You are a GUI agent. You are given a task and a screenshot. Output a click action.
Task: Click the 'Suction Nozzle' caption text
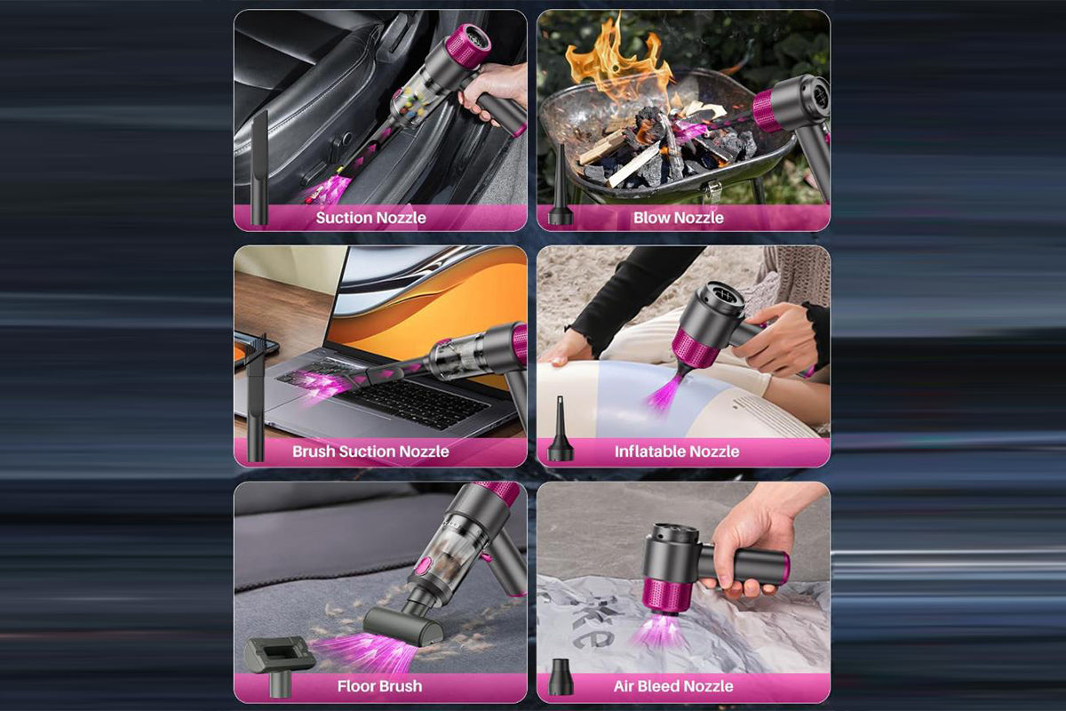[x=370, y=218]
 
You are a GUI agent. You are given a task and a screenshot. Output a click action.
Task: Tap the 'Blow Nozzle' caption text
[x=678, y=218]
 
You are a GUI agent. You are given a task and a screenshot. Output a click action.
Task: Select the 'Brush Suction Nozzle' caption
[x=370, y=451]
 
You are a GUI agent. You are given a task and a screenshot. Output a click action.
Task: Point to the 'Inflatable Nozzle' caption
[x=677, y=451]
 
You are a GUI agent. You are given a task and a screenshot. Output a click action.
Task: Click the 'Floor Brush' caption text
[x=379, y=686]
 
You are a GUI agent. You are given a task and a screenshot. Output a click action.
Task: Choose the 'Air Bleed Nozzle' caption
[x=673, y=686]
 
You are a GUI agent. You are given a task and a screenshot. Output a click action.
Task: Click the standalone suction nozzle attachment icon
[x=259, y=168]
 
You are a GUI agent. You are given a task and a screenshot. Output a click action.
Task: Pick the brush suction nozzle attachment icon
[x=256, y=396]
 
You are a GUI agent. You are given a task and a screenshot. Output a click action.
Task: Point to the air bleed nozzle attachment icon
[x=561, y=676]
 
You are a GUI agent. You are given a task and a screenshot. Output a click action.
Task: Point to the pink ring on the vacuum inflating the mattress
[x=696, y=348]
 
